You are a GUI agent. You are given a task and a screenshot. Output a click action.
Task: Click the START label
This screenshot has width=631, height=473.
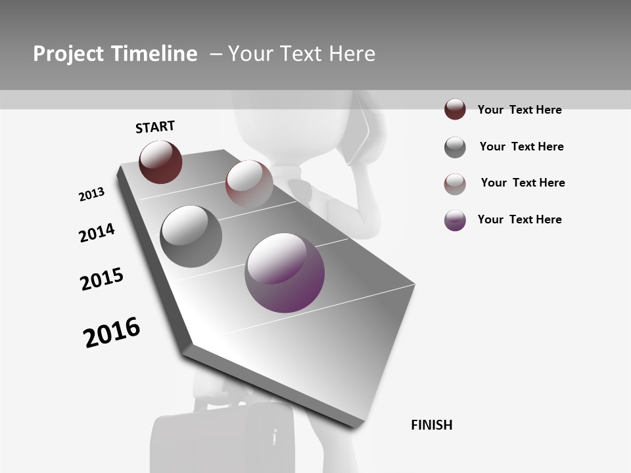pyautogui.click(x=155, y=127)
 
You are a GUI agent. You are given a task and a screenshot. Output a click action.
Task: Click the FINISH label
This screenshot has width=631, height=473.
pyautogui.click(x=432, y=425)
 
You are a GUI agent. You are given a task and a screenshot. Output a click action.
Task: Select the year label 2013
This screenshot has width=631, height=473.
pyautogui.click(x=92, y=194)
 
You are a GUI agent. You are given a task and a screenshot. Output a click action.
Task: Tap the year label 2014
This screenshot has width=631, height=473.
pyautogui.click(x=97, y=233)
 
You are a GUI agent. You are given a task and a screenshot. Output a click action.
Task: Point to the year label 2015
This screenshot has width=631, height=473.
pyautogui.click(x=102, y=279)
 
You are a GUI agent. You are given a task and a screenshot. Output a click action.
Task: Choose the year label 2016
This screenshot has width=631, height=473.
pyautogui.click(x=112, y=332)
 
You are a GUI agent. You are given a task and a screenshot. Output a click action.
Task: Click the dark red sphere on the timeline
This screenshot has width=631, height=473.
pyautogui.click(x=160, y=162)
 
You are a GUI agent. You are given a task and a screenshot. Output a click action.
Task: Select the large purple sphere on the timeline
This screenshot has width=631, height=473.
pyautogui.click(x=285, y=273)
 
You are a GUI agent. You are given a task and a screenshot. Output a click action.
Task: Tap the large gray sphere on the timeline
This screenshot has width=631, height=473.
pyautogui.click(x=191, y=236)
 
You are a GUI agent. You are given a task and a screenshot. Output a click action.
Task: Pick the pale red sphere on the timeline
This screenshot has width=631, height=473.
pyautogui.click(x=249, y=183)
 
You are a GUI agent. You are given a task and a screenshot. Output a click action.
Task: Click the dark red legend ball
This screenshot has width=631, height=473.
pyautogui.click(x=455, y=109)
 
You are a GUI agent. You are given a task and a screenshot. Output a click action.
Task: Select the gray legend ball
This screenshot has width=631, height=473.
pyautogui.click(x=455, y=147)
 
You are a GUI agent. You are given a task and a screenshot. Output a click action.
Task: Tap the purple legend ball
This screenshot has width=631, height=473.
pyautogui.click(x=455, y=220)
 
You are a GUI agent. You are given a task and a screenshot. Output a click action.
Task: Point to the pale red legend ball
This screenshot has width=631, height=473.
pyautogui.click(x=455, y=184)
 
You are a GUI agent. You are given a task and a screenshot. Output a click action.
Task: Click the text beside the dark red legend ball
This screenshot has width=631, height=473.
pyautogui.click(x=519, y=110)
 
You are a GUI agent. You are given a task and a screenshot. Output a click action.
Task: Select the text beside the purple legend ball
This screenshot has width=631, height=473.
pyautogui.click(x=519, y=219)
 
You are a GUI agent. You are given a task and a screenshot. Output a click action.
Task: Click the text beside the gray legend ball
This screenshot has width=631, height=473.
pyautogui.click(x=521, y=146)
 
